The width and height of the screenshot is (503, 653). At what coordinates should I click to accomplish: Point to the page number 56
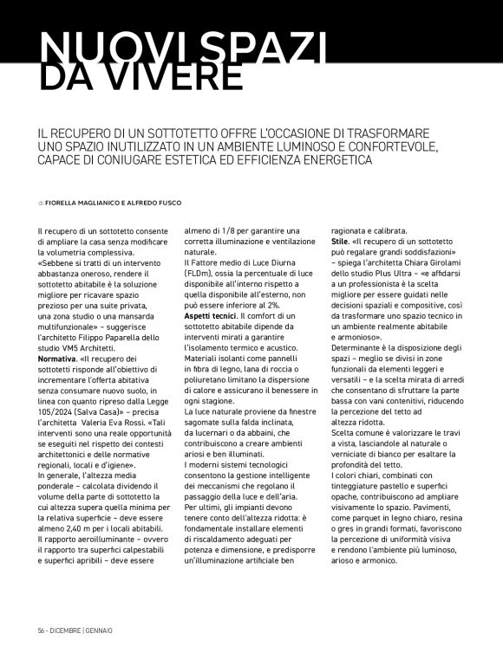(x=42, y=629)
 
